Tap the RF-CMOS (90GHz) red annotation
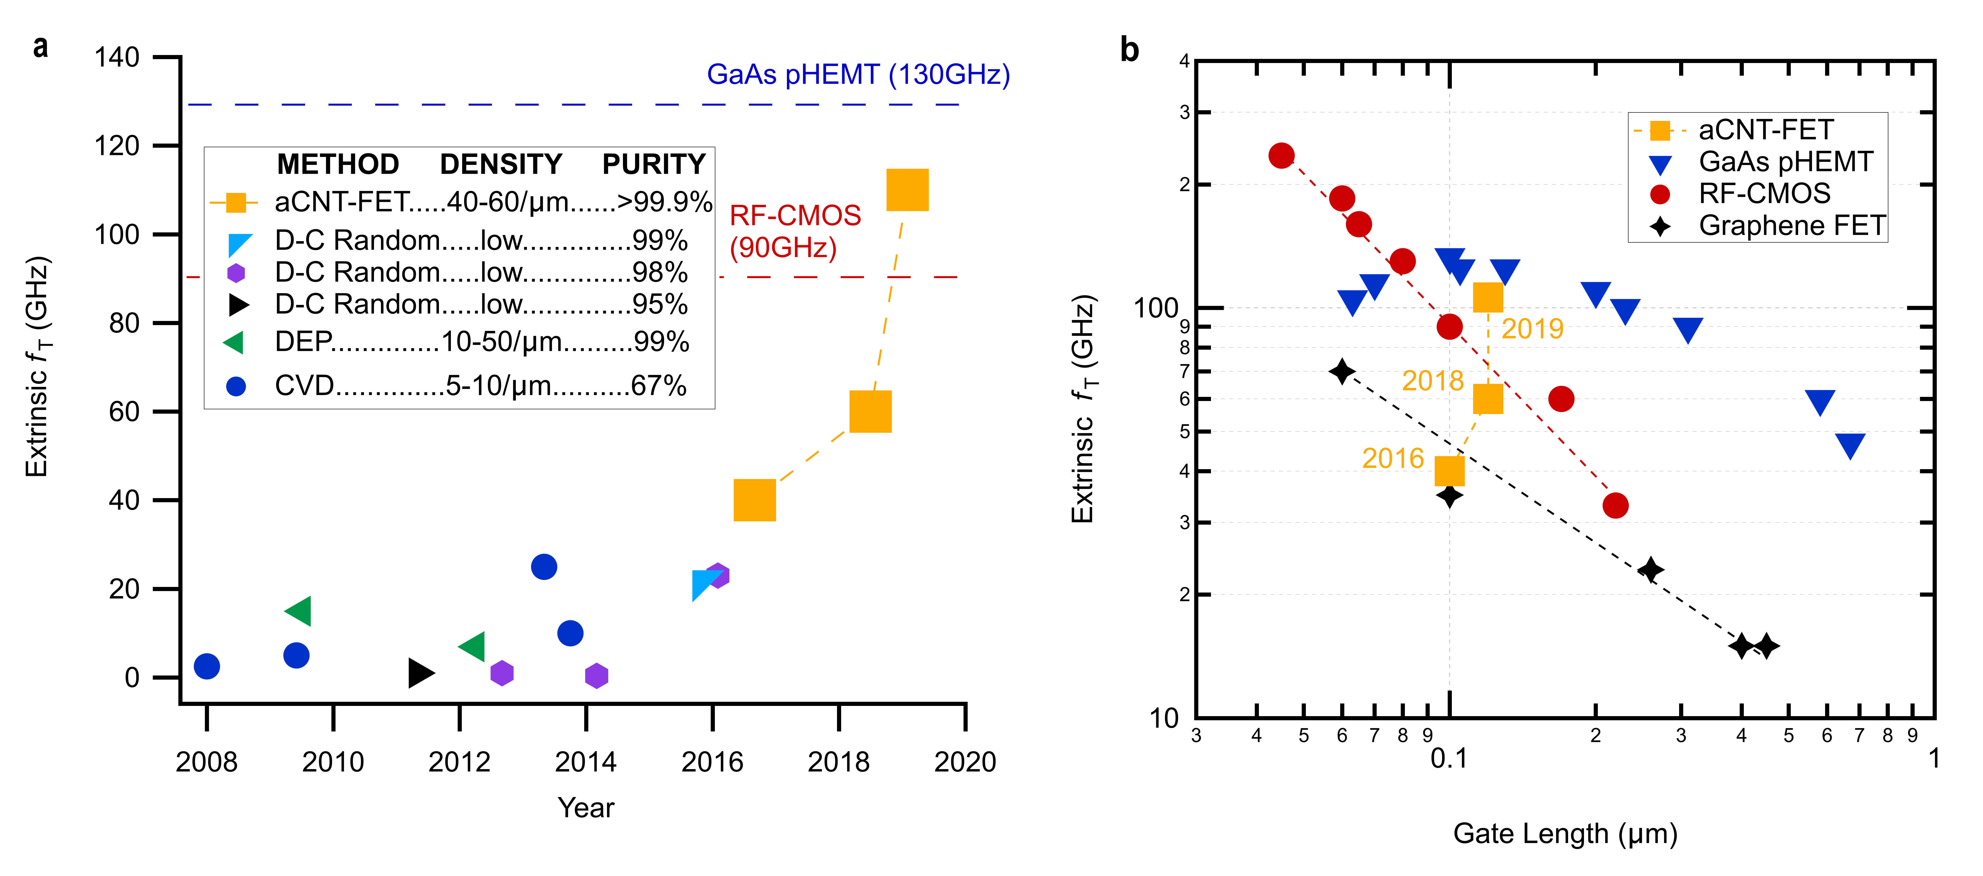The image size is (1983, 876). [794, 231]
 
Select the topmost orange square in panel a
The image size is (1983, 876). [908, 189]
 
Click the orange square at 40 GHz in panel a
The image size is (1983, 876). [755, 500]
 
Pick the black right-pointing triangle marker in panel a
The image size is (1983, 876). [420, 673]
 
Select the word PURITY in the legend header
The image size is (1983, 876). [654, 164]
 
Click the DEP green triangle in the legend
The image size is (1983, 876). [234, 342]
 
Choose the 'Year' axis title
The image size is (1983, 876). [586, 807]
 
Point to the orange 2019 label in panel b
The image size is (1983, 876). [1532, 329]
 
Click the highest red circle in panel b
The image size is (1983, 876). [1281, 155]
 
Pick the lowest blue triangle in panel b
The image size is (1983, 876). [1850, 445]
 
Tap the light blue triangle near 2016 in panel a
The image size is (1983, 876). [704, 584]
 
